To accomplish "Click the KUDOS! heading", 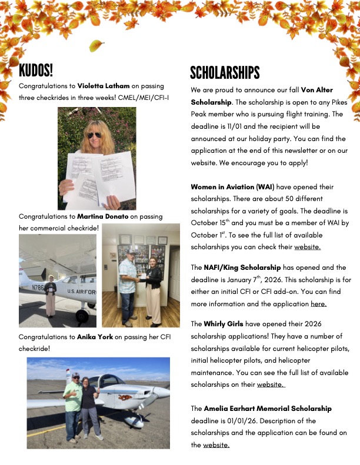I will tap(36, 71).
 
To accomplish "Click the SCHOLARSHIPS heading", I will tap(224, 73).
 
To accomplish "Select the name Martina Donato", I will tap(103, 217).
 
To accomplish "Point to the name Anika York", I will tap(96, 337).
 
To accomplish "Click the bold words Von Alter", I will tap(316, 91).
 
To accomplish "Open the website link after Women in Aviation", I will tap(307, 247).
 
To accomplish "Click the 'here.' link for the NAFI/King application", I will tap(318, 304).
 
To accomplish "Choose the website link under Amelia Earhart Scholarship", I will tap(216, 445).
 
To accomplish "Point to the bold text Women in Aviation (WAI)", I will tap(232, 187).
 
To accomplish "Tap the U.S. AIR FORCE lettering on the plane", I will tap(81, 292).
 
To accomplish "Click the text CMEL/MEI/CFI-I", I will tap(142, 97).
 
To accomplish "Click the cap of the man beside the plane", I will tap(75, 374).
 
